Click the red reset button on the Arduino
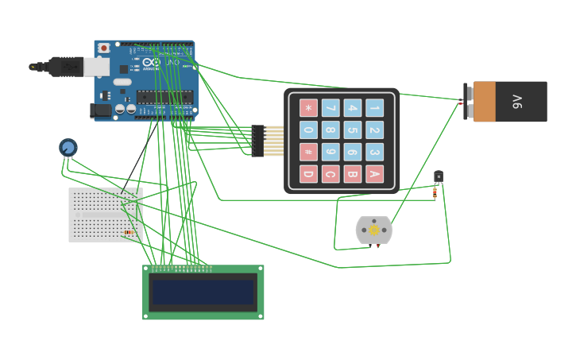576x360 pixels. (x=104, y=48)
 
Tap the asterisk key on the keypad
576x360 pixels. (x=308, y=107)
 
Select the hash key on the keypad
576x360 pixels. (x=308, y=152)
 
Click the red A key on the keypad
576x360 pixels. (x=374, y=174)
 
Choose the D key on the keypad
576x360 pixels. (x=308, y=174)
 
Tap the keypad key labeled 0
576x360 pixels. (x=308, y=130)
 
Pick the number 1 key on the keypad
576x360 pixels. (x=374, y=107)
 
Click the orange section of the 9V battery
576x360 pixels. (x=484, y=102)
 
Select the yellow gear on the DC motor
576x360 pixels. (x=374, y=230)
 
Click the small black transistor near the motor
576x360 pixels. (x=439, y=176)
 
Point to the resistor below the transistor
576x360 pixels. (x=435, y=192)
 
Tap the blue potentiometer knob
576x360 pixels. (x=68, y=147)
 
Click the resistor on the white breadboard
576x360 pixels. (x=129, y=232)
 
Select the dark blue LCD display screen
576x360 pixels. (x=203, y=292)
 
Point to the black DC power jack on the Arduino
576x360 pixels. (x=102, y=110)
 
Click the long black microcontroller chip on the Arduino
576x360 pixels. (x=164, y=97)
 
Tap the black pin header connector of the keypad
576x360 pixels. (x=257, y=141)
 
